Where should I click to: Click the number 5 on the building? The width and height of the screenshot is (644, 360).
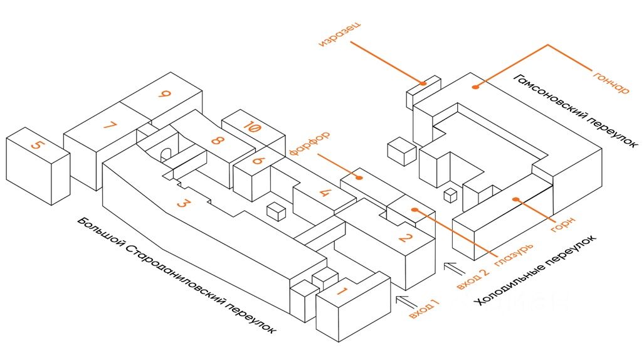point(37,145)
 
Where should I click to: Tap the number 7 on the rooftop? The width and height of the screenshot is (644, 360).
point(110,125)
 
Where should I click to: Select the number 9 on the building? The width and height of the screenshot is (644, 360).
point(164,94)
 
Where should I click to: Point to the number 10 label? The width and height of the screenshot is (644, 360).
point(251,127)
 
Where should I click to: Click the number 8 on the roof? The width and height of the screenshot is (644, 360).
point(216,140)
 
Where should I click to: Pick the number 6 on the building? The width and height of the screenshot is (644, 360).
point(258,161)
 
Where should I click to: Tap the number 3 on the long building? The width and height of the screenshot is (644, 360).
point(184,203)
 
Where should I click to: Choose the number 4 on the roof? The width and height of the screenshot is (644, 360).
point(325,192)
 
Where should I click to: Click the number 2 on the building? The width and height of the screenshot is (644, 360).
point(405,237)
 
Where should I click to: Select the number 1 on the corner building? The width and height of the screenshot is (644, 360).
point(342,292)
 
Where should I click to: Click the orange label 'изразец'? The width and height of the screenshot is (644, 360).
point(340,34)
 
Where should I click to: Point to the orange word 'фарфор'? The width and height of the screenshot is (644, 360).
point(309,143)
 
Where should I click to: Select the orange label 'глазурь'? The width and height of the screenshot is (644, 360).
point(514,255)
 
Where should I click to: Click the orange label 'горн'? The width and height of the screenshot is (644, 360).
point(562,225)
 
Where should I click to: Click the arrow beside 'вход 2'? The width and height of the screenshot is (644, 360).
point(455,268)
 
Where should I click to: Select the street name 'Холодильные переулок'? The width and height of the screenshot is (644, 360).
point(534,270)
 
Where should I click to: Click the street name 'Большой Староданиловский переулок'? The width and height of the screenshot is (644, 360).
point(177,275)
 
